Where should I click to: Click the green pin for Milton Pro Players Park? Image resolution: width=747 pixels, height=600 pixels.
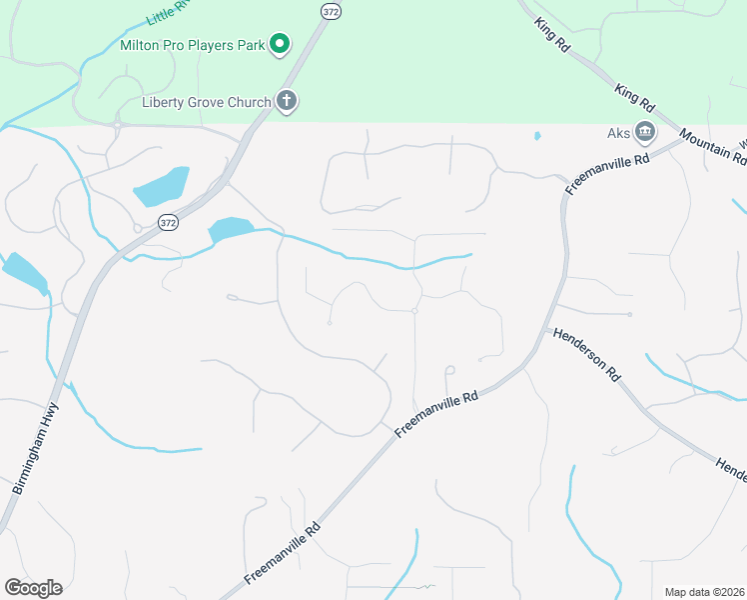pyautogui.click(x=281, y=43)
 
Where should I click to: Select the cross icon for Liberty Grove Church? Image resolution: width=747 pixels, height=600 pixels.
pyautogui.click(x=287, y=101)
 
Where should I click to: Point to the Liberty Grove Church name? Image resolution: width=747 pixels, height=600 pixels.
pyautogui.click(x=206, y=102)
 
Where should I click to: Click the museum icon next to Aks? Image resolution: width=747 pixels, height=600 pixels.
pyautogui.click(x=645, y=132)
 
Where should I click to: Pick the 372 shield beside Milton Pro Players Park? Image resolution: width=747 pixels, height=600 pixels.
pyautogui.click(x=330, y=10)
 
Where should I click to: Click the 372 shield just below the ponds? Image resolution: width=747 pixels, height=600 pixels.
pyautogui.click(x=167, y=223)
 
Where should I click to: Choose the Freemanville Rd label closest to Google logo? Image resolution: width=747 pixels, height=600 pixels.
pyautogui.click(x=283, y=554)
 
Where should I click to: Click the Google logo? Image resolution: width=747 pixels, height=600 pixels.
pyautogui.click(x=33, y=587)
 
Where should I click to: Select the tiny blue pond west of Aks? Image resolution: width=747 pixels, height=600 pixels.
pyautogui.click(x=537, y=135)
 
